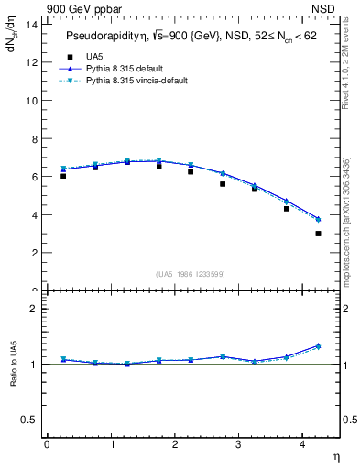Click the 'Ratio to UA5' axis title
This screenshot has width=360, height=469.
tap(14, 377)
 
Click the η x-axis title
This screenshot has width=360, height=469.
tap(335, 456)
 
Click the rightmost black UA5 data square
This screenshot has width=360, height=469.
tap(318, 234)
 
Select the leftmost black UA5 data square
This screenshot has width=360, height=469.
tap(63, 175)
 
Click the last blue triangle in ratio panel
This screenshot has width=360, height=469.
tap(318, 345)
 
